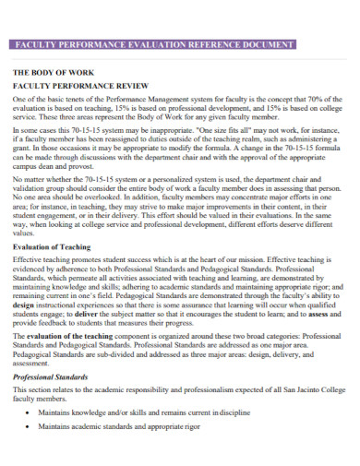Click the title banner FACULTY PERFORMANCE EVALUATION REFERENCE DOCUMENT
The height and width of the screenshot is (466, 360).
click(x=152, y=44)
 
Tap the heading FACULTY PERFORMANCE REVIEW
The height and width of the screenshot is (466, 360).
click(x=74, y=84)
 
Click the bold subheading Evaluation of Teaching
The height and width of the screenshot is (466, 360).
click(x=52, y=247)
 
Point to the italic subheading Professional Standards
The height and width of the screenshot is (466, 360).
click(x=51, y=377)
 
